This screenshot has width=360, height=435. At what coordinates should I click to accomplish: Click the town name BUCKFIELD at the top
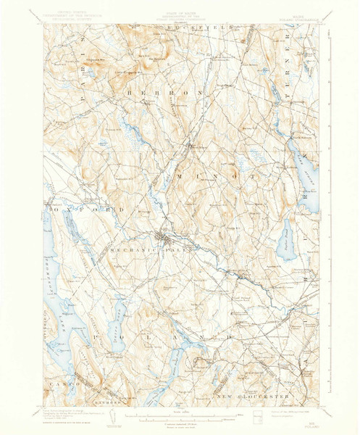tap(196, 27)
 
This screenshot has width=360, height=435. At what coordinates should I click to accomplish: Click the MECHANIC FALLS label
tap(138, 250)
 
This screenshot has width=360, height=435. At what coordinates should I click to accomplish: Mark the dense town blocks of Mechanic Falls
tap(165, 238)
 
